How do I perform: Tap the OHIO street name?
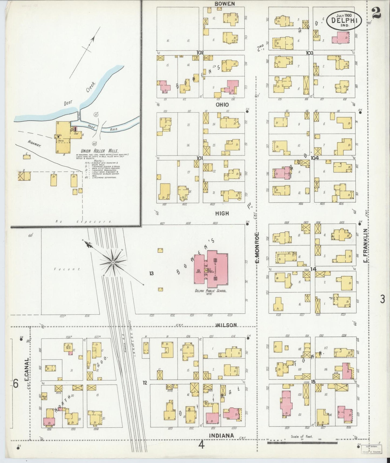(222, 105)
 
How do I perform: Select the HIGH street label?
(222, 213)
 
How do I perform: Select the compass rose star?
(113, 262)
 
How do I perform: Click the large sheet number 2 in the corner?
(376, 12)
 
